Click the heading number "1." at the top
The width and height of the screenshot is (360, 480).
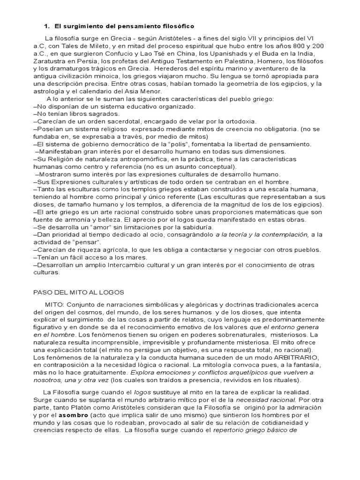pos(47,26)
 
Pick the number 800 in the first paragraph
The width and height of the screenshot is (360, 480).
pos(297,46)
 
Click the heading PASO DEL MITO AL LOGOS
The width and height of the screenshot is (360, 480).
pos(78,292)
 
